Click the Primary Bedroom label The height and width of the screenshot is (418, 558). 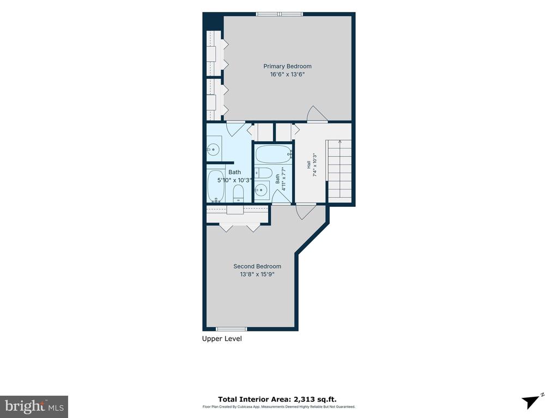tap(287, 66)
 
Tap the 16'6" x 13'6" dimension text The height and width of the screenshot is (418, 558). tap(287, 74)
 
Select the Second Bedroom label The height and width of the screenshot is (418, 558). tap(257, 266)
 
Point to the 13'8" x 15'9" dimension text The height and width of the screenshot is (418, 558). tap(257, 274)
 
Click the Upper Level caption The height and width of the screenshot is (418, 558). tap(222, 339)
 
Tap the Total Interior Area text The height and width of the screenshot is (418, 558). tap(277, 399)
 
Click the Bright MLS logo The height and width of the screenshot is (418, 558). tap(34, 407)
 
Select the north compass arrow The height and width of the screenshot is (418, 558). tap(532, 401)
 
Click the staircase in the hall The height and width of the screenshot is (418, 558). tap(339, 169)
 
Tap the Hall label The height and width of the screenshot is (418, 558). tap(308, 164)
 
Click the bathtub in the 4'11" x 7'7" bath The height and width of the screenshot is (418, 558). tap(274, 154)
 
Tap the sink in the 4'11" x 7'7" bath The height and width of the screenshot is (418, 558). tap(262, 190)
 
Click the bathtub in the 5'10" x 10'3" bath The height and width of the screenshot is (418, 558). tap(216, 186)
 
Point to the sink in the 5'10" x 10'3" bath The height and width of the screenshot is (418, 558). tap(214, 149)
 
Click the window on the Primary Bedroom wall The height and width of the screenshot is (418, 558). tap(280, 14)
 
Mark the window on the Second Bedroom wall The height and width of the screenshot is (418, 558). tap(231, 329)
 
